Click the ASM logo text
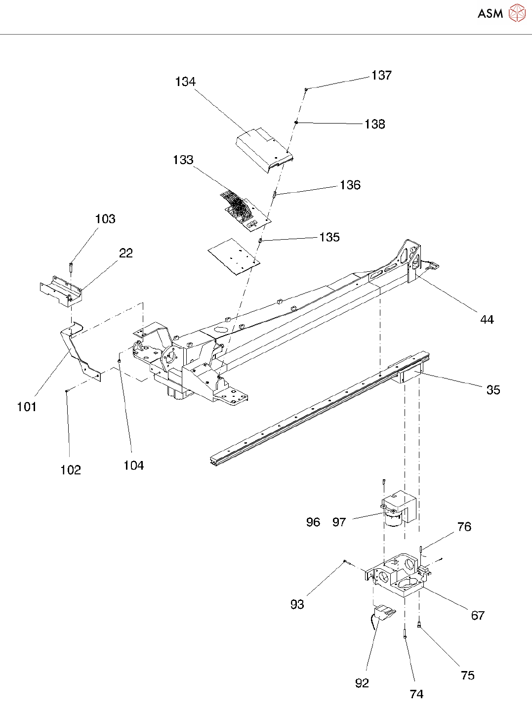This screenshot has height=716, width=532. (x=490, y=13)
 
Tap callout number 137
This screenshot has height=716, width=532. (x=381, y=75)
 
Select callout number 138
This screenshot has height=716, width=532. (x=374, y=124)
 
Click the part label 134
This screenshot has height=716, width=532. (x=185, y=82)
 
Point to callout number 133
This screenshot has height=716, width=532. (x=183, y=160)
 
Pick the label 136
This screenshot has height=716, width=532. (x=350, y=185)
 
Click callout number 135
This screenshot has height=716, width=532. (x=329, y=237)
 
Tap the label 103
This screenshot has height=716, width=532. (x=105, y=219)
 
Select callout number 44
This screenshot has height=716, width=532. (x=487, y=320)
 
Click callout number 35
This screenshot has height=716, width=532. (x=493, y=390)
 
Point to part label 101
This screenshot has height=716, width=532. (x=27, y=407)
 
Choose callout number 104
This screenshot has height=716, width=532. (x=133, y=465)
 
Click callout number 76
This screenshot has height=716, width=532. (x=464, y=527)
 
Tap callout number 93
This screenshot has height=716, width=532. (x=297, y=604)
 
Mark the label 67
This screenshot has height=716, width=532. (x=478, y=615)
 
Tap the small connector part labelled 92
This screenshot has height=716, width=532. (x=384, y=614)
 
